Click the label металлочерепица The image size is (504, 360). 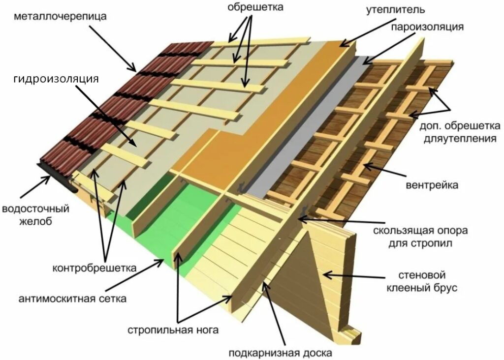click(60, 16)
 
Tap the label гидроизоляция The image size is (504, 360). click(56, 79)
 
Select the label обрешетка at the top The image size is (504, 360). click(255, 7)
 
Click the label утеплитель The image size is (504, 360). click(395, 10)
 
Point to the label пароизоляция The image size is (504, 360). click(427, 27)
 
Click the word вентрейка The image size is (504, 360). click(432, 185)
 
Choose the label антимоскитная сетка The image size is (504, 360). click(72, 299)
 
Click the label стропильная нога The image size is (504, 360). click(173, 330)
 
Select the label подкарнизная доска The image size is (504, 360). click(280, 353)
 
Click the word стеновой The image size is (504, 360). click(422, 275)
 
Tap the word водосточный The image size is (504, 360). click(35, 209)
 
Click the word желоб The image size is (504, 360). click(35, 221)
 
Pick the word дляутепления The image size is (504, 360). click(460, 139)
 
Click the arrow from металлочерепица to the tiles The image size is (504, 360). click(113, 48)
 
